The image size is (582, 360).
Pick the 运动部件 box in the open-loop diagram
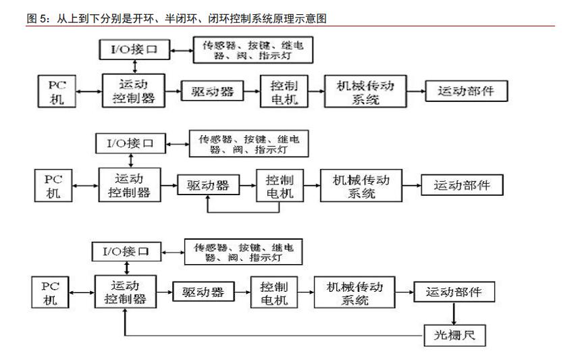(x=467, y=91)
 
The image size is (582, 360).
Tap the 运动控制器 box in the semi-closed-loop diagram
(x=130, y=184)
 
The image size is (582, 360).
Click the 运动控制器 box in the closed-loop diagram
(x=125, y=292)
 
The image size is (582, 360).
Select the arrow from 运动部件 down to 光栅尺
(x=453, y=313)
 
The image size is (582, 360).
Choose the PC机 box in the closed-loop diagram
(x=50, y=292)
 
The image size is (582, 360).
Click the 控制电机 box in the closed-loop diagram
(x=271, y=292)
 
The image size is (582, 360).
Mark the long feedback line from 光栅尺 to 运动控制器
(x=270, y=334)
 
